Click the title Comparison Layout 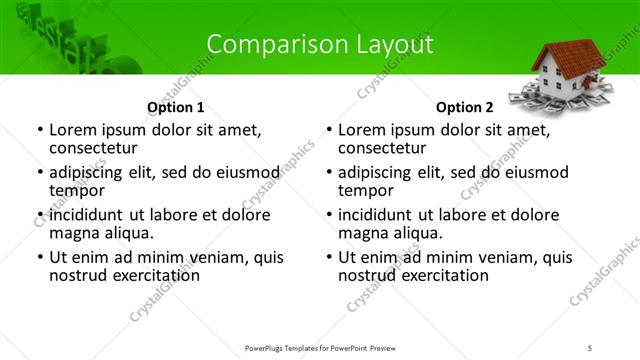pos(320,45)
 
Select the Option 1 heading pos(176,107)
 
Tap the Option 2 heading pos(464,107)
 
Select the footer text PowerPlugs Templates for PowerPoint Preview pos(320,347)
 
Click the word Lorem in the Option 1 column pos(71,130)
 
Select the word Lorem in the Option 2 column pos(360,130)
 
